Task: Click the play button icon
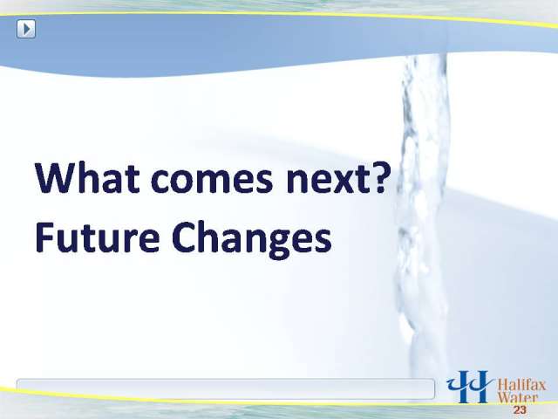click(x=26, y=29)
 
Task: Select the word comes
click(x=212, y=181)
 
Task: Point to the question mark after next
click(x=378, y=177)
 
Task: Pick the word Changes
click(x=251, y=239)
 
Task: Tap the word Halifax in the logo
click(x=521, y=385)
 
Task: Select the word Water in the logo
click(x=517, y=397)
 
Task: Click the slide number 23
click(x=520, y=410)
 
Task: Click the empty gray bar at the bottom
click(x=226, y=389)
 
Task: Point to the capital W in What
click(x=57, y=177)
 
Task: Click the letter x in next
click(x=343, y=182)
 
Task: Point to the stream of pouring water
click(x=422, y=214)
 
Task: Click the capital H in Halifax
click(x=502, y=386)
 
